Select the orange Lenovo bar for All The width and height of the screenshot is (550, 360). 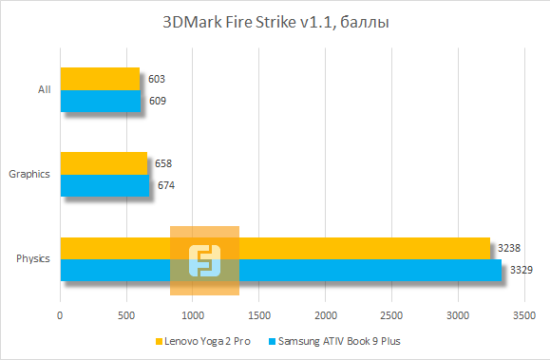[100, 79]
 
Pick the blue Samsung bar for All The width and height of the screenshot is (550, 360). [101, 101]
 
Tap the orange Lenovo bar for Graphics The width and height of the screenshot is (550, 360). [104, 163]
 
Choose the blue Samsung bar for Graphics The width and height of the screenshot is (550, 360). [104, 185]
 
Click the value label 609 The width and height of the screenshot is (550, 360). [159, 101]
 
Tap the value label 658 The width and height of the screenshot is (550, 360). [163, 163]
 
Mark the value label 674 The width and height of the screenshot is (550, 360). [165, 185]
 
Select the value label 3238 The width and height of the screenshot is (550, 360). [508, 248]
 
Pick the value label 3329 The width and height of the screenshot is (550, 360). [521, 270]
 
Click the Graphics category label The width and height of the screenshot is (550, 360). [28, 174]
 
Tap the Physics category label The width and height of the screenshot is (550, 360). [33, 258]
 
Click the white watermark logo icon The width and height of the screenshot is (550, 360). [204, 260]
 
